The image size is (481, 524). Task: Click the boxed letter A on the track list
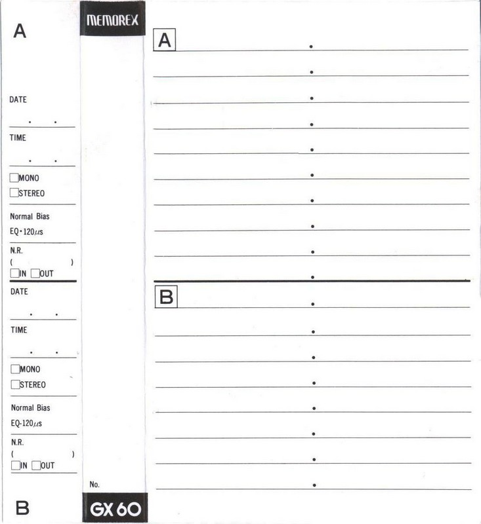click(x=165, y=41)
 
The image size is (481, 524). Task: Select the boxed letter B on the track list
click(x=167, y=297)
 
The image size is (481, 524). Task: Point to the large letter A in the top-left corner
click(x=20, y=31)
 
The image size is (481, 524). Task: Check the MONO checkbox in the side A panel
click(x=14, y=178)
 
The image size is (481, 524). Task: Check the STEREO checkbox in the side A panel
click(x=14, y=193)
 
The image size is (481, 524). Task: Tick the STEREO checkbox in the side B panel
click(x=15, y=384)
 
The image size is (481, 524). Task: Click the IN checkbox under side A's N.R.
click(x=14, y=273)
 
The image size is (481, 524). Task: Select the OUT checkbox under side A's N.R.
click(x=35, y=273)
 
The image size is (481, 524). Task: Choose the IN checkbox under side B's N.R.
click(x=15, y=465)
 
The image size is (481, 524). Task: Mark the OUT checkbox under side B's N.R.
click(x=36, y=465)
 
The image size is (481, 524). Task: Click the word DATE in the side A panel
click(x=18, y=100)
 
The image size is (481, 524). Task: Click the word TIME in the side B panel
click(x=19, y=330)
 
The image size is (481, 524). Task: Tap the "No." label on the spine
click(x=94, y=484)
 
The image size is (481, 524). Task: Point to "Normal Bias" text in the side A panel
click(x=30, y=216)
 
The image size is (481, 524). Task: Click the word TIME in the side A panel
click(x=18, y=138)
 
